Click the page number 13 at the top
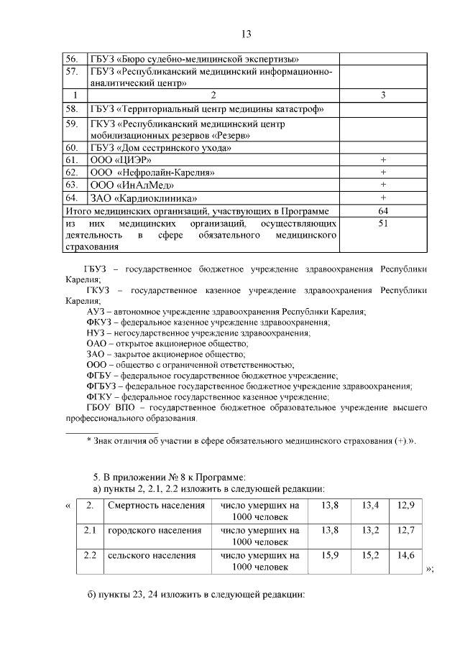[x=245, y=34]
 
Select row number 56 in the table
[x=72, y=59]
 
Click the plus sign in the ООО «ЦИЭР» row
[x=383, y=159]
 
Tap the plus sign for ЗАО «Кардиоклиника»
[x=383, y=198]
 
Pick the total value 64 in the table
[x=383, y=211]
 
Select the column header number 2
[x=212, y=96]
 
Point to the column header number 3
[x=383, y=96]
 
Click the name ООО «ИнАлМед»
[x=126, y=185]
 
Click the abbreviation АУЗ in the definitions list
[x=97, y=312]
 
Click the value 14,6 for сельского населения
[x=407, y=555]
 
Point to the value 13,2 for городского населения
[x=370, y=530]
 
